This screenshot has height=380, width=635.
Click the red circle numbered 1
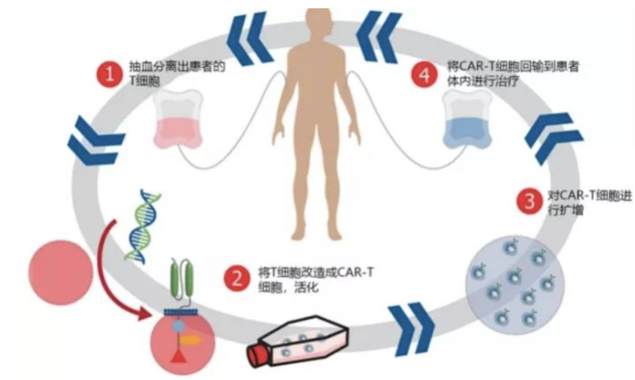[110, 75]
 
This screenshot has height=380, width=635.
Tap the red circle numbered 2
[237, 278]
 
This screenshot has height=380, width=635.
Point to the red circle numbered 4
[424, 75]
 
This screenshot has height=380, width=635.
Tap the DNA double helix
[143, 227]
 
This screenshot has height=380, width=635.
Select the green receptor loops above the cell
[182, 281]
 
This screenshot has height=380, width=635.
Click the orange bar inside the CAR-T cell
[190, 339]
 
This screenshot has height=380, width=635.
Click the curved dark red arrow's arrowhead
[144, 314]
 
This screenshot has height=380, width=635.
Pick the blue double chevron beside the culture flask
[411, 329]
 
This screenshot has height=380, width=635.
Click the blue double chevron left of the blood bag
[96, 141]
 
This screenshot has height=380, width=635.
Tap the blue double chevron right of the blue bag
[554, 139]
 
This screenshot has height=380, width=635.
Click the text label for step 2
[315, 280]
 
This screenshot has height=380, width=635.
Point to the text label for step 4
[512, 74]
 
